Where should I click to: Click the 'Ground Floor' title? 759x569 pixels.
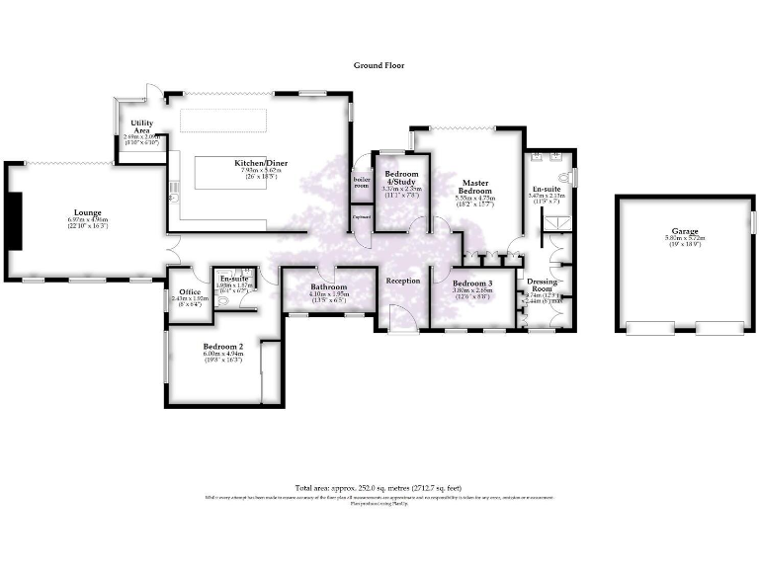point(379,65)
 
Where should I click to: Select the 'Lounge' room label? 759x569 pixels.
point(87,211)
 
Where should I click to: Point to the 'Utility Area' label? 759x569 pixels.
point(140,126)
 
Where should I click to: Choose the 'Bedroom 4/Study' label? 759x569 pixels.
point(401,178)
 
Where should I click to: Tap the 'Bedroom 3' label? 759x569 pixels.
point(472,284)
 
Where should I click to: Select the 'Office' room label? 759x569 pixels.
point(188,291)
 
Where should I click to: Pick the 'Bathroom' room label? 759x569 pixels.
point(329,287)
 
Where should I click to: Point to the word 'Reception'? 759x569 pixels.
point(403,282)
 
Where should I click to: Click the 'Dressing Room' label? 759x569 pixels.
point(545,285)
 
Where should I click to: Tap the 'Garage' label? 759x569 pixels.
point(679,234)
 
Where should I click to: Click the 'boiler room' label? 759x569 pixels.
point(361,183)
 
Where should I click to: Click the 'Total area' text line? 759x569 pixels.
point(379,488)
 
